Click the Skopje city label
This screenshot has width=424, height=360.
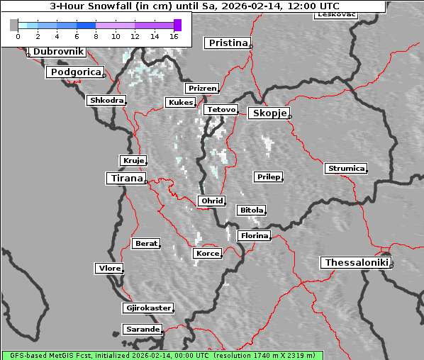[269, 113]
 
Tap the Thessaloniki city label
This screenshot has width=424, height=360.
[357, 263]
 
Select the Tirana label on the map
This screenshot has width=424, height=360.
[125, 178]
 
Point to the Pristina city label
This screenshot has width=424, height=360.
[228, 43]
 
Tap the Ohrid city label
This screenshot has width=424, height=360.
[212, 201]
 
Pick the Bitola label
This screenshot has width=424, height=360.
[251, 210]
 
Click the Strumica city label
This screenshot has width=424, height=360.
[346, 168]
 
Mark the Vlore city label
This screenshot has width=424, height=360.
[109, 268]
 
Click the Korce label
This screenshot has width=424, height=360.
[207, 253]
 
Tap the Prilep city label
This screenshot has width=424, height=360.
[268, 176]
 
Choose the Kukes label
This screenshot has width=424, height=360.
[180, 103]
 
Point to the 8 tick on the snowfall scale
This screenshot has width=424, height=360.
[96, 35]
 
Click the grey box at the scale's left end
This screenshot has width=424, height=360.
[14, 25]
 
